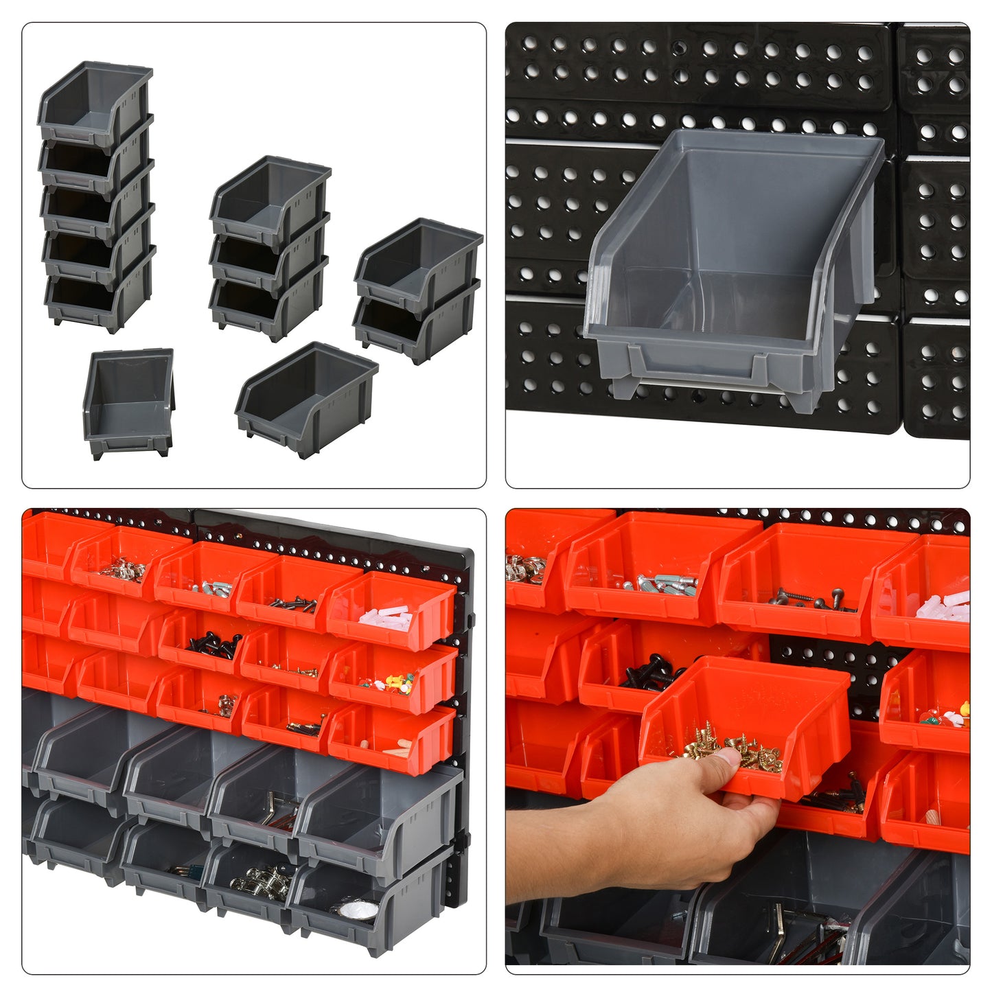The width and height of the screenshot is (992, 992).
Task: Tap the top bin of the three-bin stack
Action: coord(270,196)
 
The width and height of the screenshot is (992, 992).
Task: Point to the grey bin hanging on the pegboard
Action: coord(732,268)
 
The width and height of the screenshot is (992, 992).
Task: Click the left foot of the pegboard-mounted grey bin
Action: coord(624,387)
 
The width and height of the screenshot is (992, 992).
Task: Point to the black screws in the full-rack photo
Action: coord(214,645)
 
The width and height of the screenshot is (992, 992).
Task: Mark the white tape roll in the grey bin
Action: coord(359,910)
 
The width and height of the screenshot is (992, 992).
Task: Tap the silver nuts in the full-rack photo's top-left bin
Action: coord(123,569)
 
